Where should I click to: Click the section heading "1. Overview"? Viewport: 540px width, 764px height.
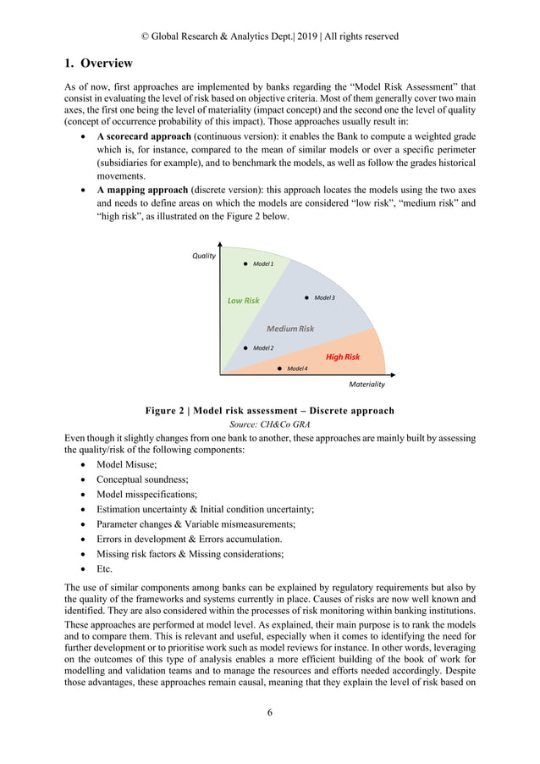tap(98, 64)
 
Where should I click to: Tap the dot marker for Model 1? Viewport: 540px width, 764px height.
tap(245, 264)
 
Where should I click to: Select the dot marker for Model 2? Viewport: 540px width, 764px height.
tap(245, 347)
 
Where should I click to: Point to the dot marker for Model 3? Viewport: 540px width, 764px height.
tap(306, 298)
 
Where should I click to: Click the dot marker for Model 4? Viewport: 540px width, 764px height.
tap(279, 368)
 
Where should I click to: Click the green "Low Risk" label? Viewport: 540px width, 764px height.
tap(244, 301)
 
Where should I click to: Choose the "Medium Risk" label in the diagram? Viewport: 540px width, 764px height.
tap(290, 329)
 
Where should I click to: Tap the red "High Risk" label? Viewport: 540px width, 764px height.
tap(343, 357)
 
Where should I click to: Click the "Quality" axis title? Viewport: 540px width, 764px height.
tap(204, 256)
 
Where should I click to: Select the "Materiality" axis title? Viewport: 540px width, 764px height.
tap(366, 384)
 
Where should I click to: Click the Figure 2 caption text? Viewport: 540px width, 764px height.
tap(269, 411)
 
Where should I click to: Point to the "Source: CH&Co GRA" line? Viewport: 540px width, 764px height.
tap(269, 424)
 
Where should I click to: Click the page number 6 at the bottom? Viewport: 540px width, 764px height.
tap(270, 712)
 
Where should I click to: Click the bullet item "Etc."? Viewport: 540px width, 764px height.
tap(104, 568)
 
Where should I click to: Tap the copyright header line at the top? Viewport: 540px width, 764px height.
tap(269, 36)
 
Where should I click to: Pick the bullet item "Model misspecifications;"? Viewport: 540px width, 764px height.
tap(146, 495)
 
